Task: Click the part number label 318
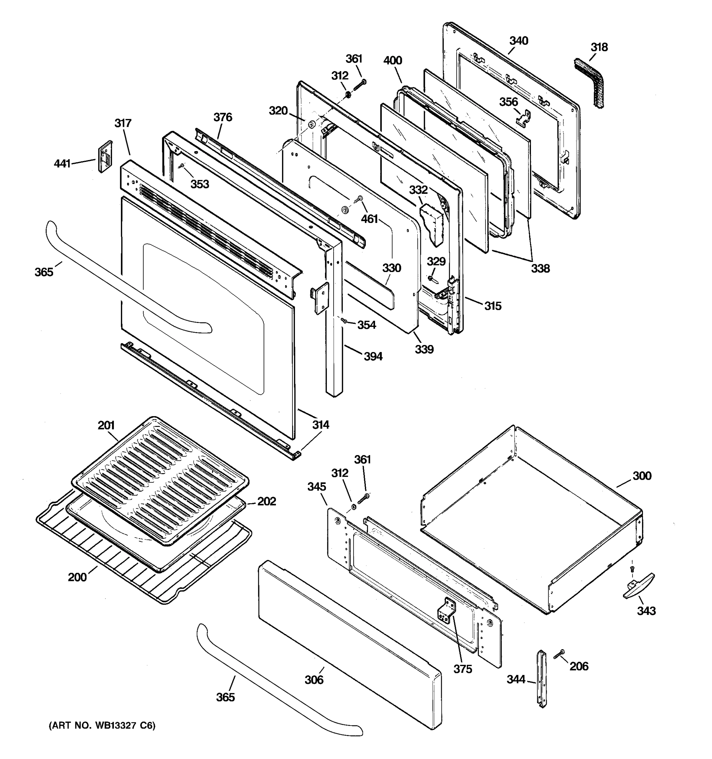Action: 599,47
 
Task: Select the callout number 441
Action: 62,164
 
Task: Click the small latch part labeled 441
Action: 106,156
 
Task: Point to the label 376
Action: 223,117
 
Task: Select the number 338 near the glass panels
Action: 540,268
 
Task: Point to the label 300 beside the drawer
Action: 642,476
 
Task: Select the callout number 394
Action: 373,357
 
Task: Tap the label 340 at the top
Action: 518,41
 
